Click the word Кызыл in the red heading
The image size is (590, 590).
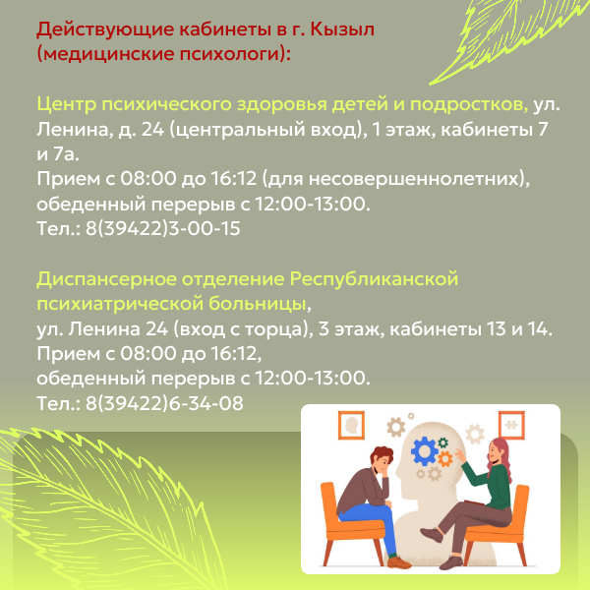pos(342,29)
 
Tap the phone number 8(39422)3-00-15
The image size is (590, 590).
pos(163,228)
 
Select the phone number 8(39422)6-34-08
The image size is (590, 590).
pos(164,403)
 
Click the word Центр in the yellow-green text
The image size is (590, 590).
pos(67,104)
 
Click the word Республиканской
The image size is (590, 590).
pos(374,279)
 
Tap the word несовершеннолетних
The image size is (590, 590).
pos(414,179)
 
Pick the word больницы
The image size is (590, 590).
pos(257,304)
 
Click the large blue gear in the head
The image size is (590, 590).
pos(424,450)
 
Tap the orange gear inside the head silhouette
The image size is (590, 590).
pos(445,458)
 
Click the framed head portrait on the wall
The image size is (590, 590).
pos(351,425)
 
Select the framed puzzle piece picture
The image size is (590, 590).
pos(511,425)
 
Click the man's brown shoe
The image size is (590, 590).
pos(399,562)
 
